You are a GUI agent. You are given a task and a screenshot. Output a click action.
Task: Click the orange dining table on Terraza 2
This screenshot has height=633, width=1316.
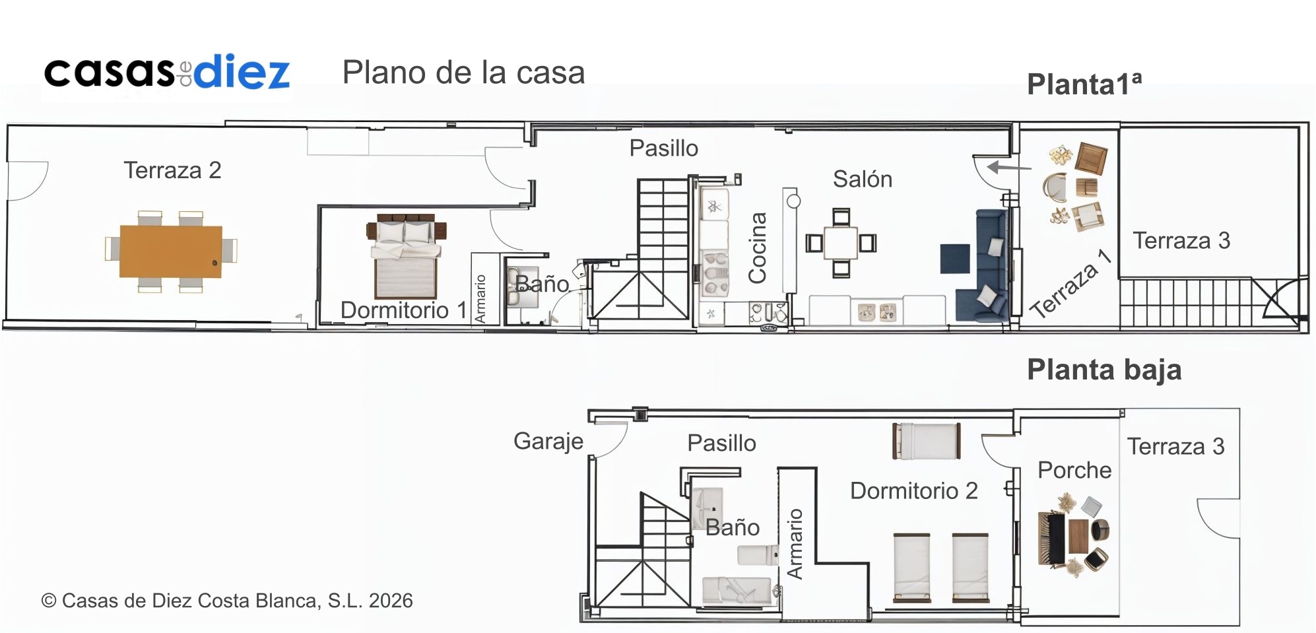[x=171, y=251]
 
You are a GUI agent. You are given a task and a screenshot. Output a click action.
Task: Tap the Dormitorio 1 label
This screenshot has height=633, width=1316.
[x=404, y=310]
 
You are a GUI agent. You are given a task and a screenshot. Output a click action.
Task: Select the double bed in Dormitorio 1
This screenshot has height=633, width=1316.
[x=406, y=255]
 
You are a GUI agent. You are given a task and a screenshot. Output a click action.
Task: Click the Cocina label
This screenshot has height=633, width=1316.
[x=757, y=248]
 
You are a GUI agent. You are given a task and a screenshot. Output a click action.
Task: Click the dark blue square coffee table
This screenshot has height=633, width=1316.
[x=955, y=259]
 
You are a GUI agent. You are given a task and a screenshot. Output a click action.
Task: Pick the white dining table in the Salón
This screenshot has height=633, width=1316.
[x=841, y=243]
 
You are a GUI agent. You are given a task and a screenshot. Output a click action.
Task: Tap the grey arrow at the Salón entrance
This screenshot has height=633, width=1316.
[x=1009, y=168]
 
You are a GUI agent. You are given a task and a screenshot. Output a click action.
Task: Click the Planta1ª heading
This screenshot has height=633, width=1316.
[x=1084, y=84]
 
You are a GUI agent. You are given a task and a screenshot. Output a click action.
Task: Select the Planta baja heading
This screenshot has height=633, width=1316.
[x=1104, y=370]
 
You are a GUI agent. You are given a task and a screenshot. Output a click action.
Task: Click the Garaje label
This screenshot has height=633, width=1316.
[x=548, y=441]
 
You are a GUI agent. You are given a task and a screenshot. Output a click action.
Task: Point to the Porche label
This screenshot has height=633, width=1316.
[x=1074, y=470]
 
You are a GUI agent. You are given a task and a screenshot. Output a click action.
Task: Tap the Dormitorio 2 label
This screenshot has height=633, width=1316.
[x=914, y=490]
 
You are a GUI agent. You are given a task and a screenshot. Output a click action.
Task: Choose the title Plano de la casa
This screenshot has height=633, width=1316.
[x=463, y=73]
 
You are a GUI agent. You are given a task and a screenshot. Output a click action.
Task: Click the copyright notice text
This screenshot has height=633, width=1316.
[x=227, y=601]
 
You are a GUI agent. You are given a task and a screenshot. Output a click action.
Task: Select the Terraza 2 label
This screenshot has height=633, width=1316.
[x=172, y=170]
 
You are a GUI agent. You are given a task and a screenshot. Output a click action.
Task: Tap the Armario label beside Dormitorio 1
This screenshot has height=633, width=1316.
[x=480, y=298]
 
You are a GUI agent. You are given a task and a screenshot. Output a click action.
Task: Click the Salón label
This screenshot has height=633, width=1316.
[x=863, y=179]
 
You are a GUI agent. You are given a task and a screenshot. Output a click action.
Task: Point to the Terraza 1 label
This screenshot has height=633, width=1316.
[x=1070, y=284]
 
